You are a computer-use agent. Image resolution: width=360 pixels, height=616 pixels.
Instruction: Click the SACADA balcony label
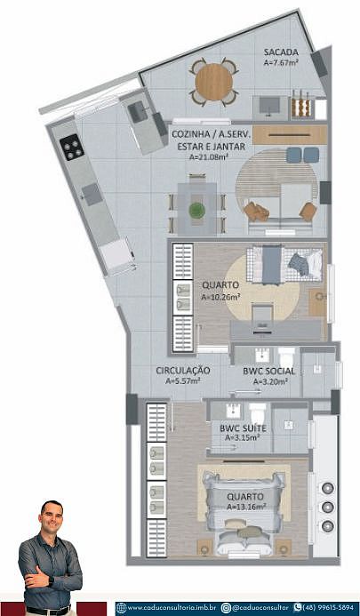pos(281,52)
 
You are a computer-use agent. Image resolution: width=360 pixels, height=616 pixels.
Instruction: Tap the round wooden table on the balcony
pos(214,82)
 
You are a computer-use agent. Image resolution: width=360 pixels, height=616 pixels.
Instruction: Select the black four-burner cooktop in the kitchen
pos(72,147)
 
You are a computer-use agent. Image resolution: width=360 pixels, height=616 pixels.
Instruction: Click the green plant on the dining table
pos(197,210)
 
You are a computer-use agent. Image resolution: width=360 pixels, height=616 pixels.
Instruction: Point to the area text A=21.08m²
pos(209,157)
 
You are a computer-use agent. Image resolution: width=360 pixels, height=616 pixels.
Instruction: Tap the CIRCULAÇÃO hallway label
pos(183,371)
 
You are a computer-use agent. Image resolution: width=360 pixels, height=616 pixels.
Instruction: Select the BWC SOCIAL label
pos(268,372)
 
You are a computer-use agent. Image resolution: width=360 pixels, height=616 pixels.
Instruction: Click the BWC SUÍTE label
pos(243,428)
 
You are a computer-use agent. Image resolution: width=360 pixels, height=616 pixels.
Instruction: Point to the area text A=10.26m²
pos(220,298)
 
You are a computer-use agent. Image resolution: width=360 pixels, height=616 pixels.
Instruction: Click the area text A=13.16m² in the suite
pos(246,507)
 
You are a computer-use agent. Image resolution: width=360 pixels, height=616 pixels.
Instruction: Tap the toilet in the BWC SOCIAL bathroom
pos(286,356)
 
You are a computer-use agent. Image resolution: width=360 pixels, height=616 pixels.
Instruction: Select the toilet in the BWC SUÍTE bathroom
pos(258,413)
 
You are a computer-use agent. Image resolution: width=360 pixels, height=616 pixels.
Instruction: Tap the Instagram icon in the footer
pos(226,608)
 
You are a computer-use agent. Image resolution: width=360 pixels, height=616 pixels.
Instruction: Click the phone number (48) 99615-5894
pos(328,608)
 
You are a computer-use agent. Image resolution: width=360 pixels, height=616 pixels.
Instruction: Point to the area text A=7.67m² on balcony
pos(282,62)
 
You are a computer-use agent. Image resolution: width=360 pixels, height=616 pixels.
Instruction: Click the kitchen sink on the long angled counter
pos(92,194)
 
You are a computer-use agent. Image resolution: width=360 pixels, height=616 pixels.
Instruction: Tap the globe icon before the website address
pos(122,608)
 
